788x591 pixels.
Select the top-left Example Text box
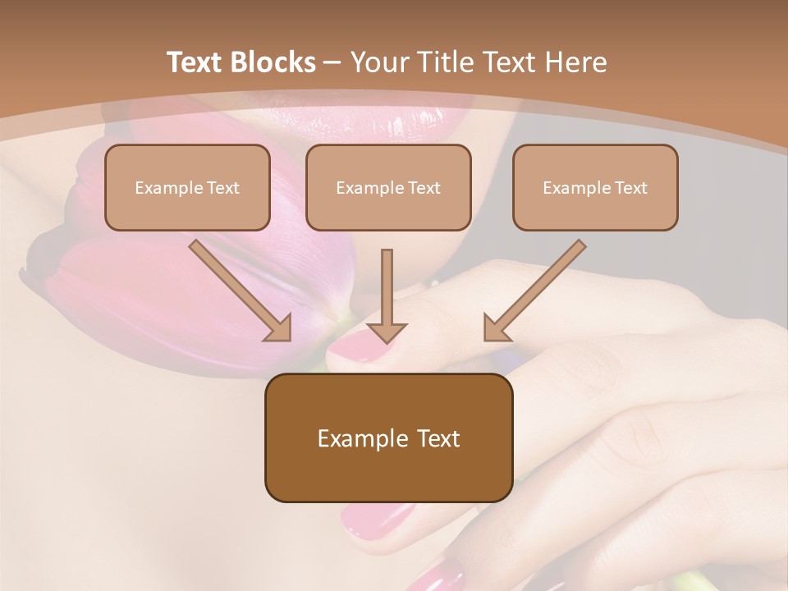click(187, 187)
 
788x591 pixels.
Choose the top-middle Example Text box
click(388, 187)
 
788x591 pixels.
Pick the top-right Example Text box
click(595, 187)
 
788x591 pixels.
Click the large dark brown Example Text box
click(388, 438)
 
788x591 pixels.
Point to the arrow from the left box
click(241, 291)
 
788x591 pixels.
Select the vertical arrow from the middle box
click(387, 295)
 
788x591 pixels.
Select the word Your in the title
click(378, 62)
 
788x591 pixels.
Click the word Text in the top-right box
click(630, 188)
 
